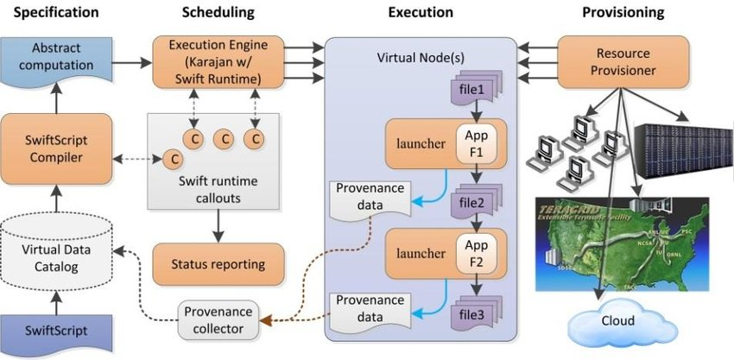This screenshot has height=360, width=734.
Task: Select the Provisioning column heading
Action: click(623, 12)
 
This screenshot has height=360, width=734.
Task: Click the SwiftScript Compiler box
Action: click(56, 148)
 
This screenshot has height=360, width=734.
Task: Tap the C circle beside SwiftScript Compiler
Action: click(174, 159)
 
